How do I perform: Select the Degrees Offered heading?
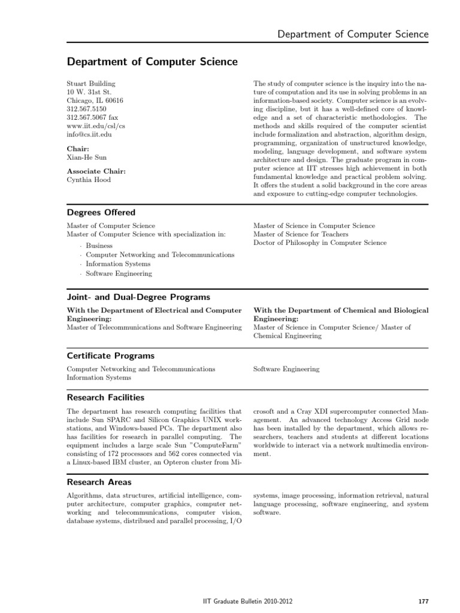click(x=101, y=213)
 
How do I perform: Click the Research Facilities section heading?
click(x=105, y=397)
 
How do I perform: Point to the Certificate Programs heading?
click(x=110, y=356)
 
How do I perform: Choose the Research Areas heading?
click(x=99, y=482)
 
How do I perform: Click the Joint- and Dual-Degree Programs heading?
click(x=138, y=297)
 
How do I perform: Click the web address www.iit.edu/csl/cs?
click(x=96, y=126)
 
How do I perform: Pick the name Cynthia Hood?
click(x=89, y=179)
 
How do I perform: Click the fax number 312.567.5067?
click(x=92, y=118)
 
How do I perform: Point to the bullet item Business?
click(x=99, y=245)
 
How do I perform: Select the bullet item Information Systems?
click(x=118, y=263)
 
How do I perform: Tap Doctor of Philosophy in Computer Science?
click(x=320, y=242)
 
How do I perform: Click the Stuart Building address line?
click(x=91, y=83)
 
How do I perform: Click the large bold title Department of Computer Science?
click(x=152, y=62)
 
